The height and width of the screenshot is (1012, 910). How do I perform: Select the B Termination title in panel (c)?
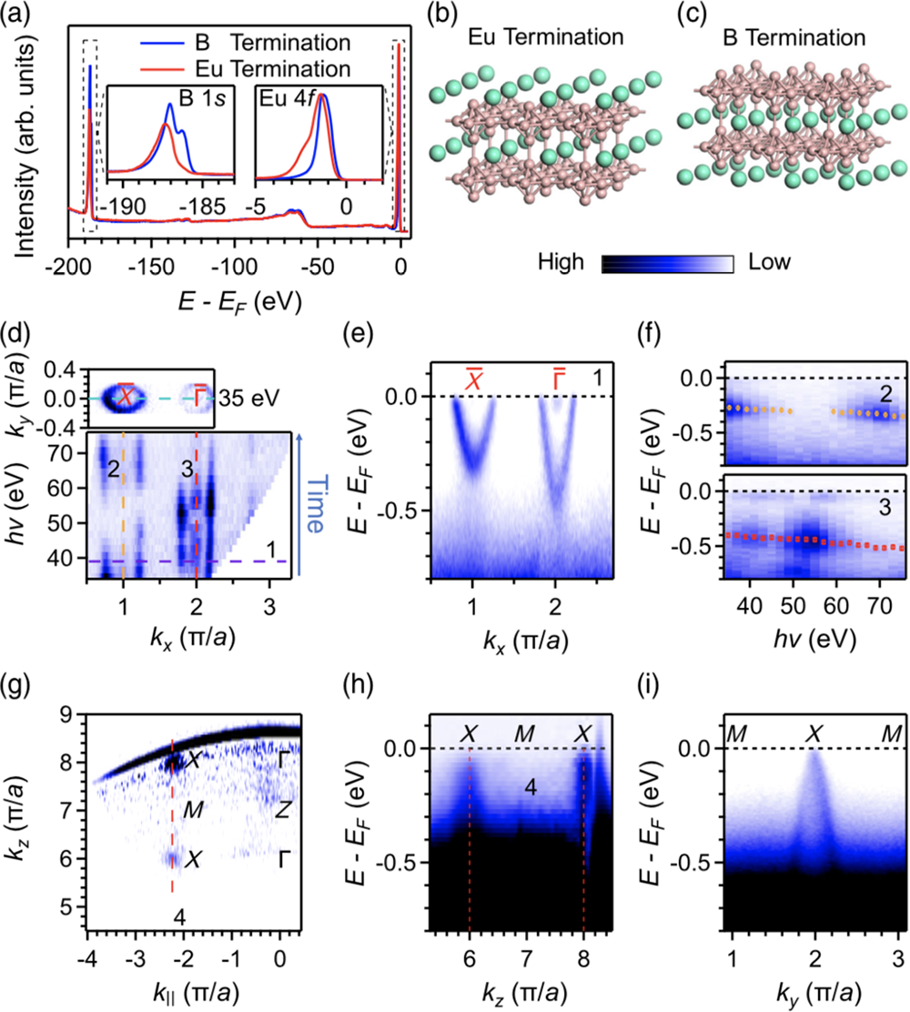[x=784, y=37]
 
